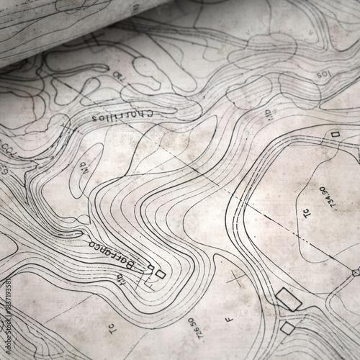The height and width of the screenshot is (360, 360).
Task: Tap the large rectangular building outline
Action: [288, 299]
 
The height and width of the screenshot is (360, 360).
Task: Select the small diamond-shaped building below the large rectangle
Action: [287, 328]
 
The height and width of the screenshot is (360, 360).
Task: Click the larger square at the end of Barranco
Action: [160, 274]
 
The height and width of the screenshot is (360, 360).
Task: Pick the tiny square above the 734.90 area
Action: [335, 134]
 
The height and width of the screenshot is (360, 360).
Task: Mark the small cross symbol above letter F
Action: [237, 277]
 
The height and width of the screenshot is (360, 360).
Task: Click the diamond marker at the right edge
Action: [356, 271]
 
